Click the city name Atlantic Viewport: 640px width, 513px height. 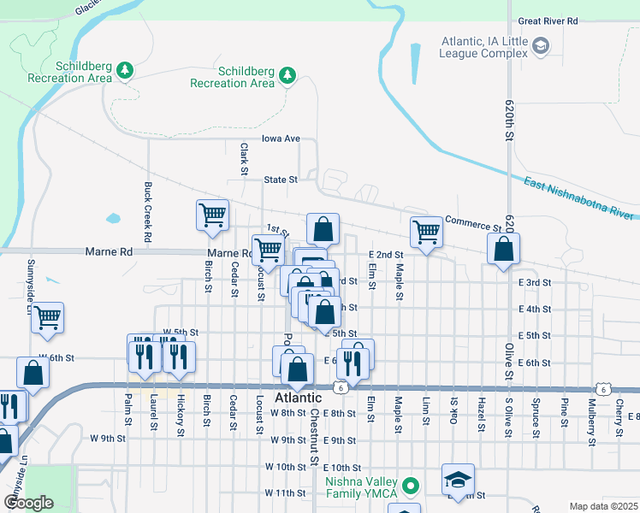click(x=298, y=398)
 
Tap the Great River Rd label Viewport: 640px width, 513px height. click(x=548, y=21)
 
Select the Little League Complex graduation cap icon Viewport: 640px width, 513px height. click(x=540, y=45)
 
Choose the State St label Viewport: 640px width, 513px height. click(x=280, y=180)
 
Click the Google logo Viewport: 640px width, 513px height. click(x=28, y=503)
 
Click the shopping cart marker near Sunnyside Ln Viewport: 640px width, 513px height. click(x=48, y=317)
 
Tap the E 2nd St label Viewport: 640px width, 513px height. click(x=385, y=255)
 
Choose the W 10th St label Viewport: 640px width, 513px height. click(x=285, y=467)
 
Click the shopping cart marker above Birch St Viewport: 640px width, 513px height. click(x=212, y=216)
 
